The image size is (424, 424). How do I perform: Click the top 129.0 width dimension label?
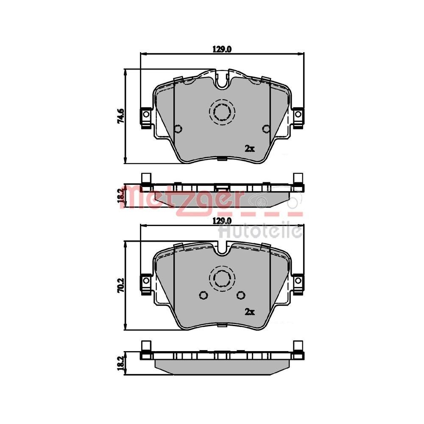[x=222, y=49]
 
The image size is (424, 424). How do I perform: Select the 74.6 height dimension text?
[x=121, y=116]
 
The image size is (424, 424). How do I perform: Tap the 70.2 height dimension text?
[x=121, y=284]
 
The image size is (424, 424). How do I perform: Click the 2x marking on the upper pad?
[x=249, y=148]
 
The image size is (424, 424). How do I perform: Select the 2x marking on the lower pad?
[x=249, y=312]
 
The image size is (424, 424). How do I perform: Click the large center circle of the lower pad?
[x=222, y=278]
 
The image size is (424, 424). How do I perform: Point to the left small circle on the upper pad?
[x=178, y=129]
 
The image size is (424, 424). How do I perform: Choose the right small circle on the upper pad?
[x=266, y=129]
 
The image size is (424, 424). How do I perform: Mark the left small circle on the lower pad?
[x=203, y=296]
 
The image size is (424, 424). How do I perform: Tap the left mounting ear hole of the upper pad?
[x=145, y=114]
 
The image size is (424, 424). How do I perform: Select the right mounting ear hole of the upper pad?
[x=298, y=114]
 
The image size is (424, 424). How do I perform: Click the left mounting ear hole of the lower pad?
[x=145, y=281]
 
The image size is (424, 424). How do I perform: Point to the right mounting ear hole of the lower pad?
[x=298, y=281]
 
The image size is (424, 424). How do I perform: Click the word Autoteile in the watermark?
[x=259, y=232]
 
